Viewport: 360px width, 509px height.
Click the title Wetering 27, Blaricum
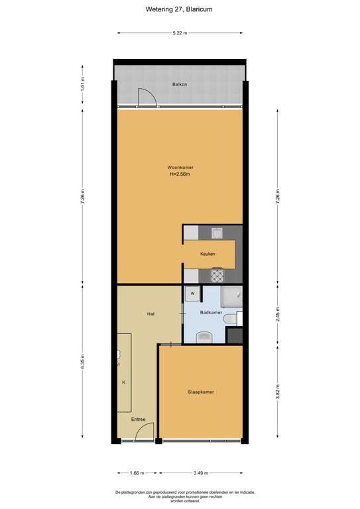[x=179, y=9]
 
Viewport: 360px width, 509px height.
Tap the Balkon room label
[x=180, y=84]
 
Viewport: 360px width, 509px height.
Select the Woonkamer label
[x=180, y=168]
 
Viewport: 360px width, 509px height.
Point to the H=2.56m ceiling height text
[x=180, y=174]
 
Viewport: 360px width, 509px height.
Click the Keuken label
[x=208, y=254]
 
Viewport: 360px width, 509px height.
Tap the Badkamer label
[x=211, y=313]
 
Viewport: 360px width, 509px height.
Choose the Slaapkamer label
[x=201, y=392]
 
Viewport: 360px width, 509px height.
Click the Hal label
[x=150, y=314]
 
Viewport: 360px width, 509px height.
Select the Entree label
[x=139, y=420]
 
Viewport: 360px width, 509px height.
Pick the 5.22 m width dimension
[x=180, y=32]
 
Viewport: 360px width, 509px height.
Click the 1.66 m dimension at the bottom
[x=137, y=473]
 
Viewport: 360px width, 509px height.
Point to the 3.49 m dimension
[x=201, y=473]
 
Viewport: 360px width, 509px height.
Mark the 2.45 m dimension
[x=278, y=314]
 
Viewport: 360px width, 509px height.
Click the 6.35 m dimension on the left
[x=82, y=361]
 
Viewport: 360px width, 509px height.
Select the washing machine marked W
[x=192, y=294]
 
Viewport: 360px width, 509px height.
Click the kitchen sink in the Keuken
[x=217, y=233]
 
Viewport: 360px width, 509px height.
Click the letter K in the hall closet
[x=124, y=382]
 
